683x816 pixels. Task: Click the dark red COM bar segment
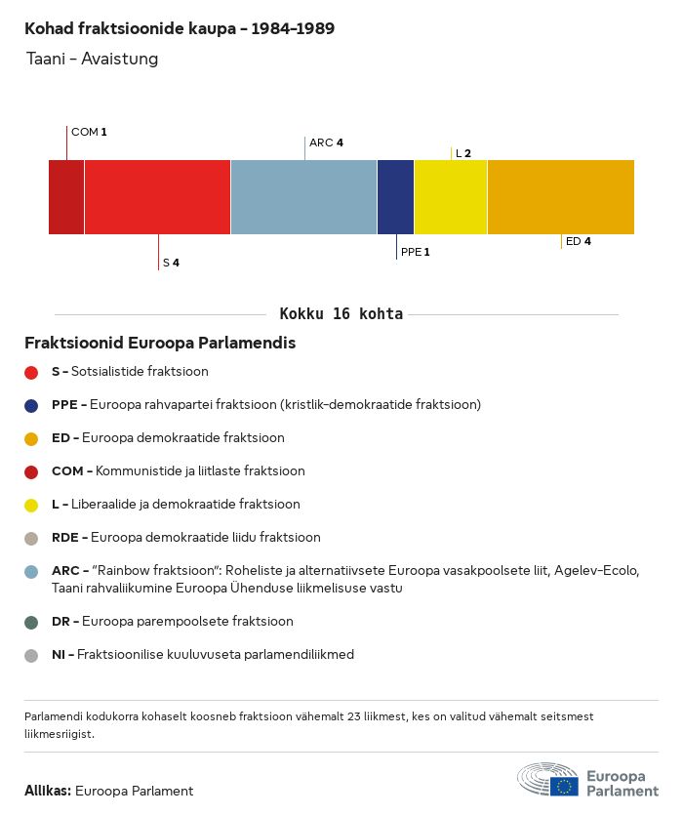pos(66,197)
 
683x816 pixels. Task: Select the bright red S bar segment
pos(157,197)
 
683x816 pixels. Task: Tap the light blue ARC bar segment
pos(303,197)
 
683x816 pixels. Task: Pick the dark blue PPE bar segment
pos(395,197)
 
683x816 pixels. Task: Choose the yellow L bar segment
pos(451,197)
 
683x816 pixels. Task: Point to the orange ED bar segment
pos(560,197)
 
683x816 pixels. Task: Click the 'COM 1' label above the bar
pos(89,132)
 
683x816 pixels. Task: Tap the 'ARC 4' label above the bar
pos(326,143)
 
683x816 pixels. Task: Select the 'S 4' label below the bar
pos(171,263)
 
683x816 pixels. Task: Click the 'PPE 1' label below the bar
pos(415,252)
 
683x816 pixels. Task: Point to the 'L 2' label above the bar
pos(463,153)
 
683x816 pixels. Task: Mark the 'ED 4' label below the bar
pos(578,241)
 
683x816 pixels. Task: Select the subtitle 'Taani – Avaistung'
pos(93,60)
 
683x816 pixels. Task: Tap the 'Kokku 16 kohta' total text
pos(341,314)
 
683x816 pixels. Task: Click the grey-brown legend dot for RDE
pos(31,538)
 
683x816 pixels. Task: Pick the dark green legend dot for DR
pos(31,622)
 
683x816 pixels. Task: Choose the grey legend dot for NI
pos(31,655)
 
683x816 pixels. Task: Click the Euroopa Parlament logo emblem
pos(547,781)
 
